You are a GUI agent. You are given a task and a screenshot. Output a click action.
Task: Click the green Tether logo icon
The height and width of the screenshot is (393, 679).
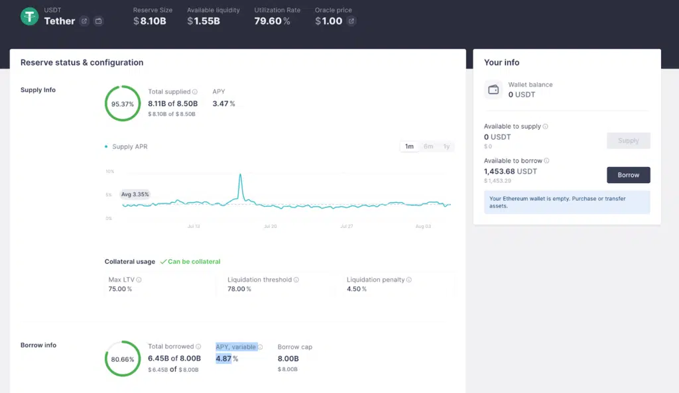29,17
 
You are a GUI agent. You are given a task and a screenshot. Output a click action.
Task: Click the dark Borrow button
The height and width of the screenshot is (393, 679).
628,175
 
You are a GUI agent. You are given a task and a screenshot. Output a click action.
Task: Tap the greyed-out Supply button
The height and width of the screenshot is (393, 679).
628,140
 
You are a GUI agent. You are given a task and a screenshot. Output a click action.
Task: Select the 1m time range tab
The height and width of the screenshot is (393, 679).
409,146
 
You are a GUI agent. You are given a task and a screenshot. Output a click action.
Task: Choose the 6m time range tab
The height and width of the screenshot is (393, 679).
428,146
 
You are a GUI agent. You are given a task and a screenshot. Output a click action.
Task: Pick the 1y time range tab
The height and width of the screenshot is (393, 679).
446,146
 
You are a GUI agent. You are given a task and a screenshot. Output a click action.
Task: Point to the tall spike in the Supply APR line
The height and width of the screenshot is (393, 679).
240,176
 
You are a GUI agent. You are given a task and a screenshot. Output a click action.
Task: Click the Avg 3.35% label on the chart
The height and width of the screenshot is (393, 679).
135,194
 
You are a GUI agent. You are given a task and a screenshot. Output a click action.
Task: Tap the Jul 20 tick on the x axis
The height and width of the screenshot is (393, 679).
270,226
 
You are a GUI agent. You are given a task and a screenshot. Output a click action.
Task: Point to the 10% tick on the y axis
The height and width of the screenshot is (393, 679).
109,171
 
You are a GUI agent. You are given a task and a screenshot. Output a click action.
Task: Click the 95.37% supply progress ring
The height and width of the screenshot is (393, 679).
123,103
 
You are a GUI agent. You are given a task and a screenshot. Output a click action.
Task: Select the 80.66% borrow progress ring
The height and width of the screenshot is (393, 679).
123,359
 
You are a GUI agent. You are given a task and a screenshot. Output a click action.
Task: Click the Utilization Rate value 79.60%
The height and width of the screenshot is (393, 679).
273,21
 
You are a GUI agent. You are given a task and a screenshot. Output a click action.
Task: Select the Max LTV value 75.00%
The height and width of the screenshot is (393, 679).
120,289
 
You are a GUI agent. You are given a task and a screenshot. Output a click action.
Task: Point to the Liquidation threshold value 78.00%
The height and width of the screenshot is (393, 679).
239,289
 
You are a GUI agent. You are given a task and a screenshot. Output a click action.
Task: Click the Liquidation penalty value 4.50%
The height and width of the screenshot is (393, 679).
357,289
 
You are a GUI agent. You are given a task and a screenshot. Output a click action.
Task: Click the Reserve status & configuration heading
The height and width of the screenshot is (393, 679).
82,62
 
